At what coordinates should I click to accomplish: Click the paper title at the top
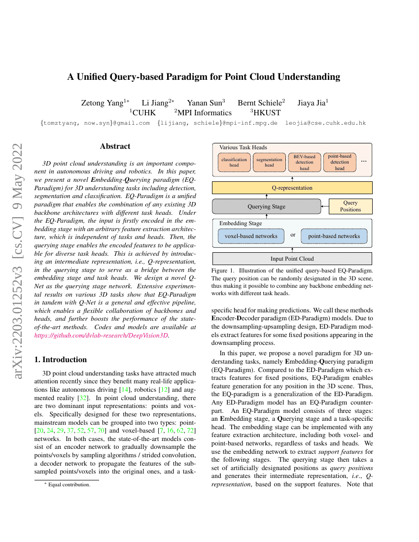click(x=204, y=77)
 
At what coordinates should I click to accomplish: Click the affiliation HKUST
click(x=267, y=113)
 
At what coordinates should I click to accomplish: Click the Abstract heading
click(x=115, y=146)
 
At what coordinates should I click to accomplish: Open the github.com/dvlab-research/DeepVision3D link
click(x=101, y=335)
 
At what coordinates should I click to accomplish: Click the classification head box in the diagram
click(x=234, y=162)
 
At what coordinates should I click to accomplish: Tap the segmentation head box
click(x=269, y=162)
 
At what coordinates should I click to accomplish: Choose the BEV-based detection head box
click(x=304, y=162)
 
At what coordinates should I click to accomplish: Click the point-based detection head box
click(x=340, y=162)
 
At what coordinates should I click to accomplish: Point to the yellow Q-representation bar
click(x=292, y=188)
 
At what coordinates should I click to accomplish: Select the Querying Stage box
click(x=266, y=206)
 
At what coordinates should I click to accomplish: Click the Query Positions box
click(x=350, y=206)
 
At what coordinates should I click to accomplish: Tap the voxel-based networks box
click(x=251, y=236)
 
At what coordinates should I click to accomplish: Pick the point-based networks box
click(x=334, y=236)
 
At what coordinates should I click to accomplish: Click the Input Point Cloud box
click(x=292, y=258)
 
